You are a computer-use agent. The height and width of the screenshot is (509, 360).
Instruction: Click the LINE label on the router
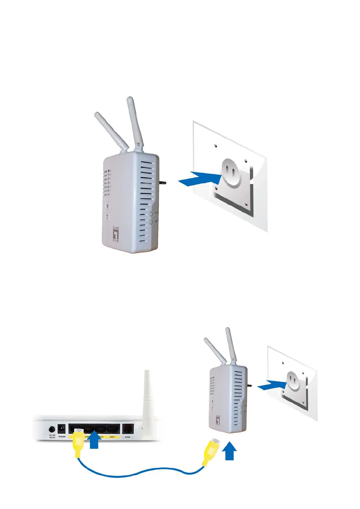point(127,437)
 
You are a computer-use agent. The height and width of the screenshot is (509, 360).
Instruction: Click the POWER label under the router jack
point(62,437)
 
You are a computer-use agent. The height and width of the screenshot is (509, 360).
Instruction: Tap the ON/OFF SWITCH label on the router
point(52,437)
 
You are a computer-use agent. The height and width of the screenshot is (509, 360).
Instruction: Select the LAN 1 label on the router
point(112,437)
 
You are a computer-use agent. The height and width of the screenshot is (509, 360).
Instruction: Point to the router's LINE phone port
point(127,429)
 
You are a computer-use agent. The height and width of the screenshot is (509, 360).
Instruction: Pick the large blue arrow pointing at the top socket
point(199,178)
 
